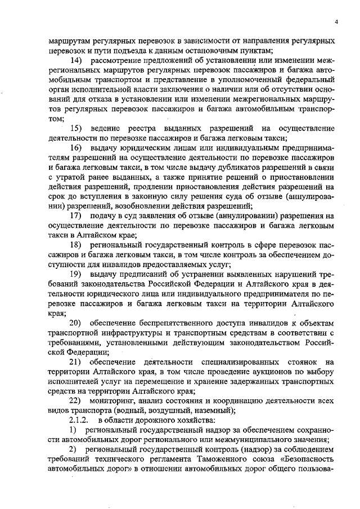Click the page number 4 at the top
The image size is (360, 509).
[336, 22]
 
